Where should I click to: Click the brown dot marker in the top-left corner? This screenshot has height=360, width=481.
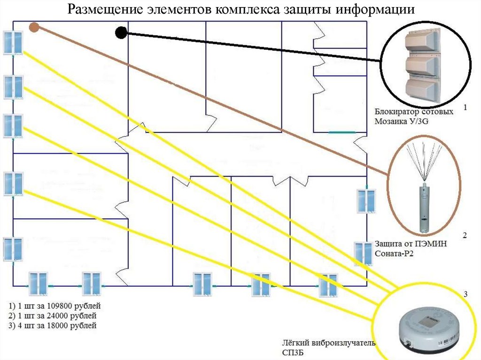pyautogui.click(x=33, y=28)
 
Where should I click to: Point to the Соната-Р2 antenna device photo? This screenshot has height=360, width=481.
pyautogui.click(x=423, y=188)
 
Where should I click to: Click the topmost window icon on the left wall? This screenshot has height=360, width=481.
pyautogui.click(x=13, y=43)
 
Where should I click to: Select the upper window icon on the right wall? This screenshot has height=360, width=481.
pyautogui.click(x=365, y=200)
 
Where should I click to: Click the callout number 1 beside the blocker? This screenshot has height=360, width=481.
pyautogui.click(x=465, y=107)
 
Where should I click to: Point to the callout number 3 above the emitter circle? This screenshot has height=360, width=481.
pyautogui.click(x=465, y=294)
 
